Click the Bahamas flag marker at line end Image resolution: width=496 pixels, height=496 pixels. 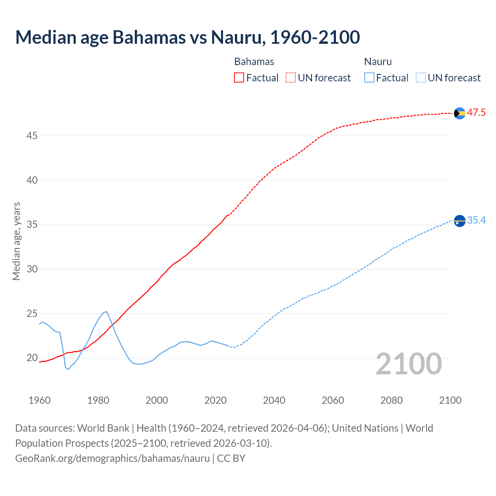(459, 113)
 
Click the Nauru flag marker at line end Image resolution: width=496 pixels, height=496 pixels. (459, 221)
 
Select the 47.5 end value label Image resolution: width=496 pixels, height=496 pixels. (476, 113)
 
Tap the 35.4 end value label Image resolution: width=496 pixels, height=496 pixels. (476, 220)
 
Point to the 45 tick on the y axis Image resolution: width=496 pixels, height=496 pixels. (32, 136)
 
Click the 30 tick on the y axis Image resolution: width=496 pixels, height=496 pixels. (32, 269)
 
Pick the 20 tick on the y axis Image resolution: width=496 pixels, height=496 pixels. (32, 358)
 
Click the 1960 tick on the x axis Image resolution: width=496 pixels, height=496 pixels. (40, 400)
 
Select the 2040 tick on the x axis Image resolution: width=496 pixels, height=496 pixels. (274, 400)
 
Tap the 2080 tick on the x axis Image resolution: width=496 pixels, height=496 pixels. (391, 400)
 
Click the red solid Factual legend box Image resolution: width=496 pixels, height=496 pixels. (239, 78)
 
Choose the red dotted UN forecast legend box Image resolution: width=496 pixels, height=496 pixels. (291, 78)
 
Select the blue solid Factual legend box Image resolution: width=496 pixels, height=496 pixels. (369, 78)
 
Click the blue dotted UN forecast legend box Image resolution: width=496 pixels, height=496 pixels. (420, 78)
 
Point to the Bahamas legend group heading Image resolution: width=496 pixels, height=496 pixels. (254, 62)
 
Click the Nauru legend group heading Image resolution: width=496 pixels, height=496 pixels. (378, 62)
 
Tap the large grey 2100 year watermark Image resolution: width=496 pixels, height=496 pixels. (408, 364)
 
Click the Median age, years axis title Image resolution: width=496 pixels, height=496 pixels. (16, 241)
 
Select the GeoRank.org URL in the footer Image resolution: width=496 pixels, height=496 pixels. (112, 458)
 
